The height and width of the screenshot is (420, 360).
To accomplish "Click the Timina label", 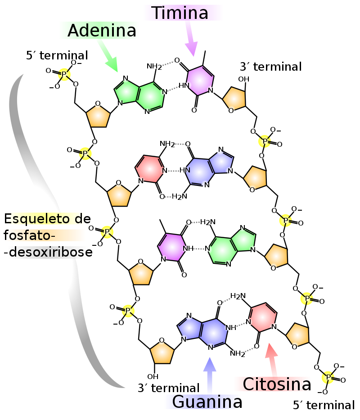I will pyautogui.click(x=183, y=13).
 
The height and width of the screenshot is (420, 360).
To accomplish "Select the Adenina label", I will pyautogui.click(x=99, y=31).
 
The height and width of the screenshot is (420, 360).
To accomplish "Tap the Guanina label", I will pyautogui.click(x=202, y=402).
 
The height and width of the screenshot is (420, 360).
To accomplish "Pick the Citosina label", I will pyautogui.click(x=273, y=384).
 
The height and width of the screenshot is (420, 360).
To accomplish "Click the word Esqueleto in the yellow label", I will pyautogui.click(x=38, y=219).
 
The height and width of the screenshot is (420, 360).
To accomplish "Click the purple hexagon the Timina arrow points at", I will pyautogui.click(x=199, y=81).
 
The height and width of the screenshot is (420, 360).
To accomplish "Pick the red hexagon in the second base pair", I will pyautogui.click(x=150, y=169).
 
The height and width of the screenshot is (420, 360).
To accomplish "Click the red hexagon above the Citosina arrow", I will pyautogui.click(x=262, y=317).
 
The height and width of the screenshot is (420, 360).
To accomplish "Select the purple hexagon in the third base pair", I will pyautogui.click(x=171, y=247).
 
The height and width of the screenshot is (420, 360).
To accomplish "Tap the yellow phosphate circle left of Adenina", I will pyautogui.click(x=64, y=75).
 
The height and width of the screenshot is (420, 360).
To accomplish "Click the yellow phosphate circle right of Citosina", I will pyautogui.click(x=328, y=377).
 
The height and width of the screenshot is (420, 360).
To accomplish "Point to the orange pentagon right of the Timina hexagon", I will pyautogui.click(x=234, y=99).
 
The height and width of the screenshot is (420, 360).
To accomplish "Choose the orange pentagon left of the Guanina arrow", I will pyautogui.click(x=162, y=352).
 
